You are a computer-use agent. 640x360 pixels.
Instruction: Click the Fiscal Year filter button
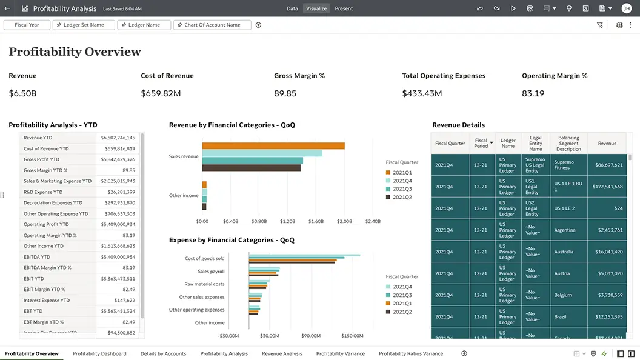27,25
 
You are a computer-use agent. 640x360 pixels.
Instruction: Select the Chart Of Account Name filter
212,25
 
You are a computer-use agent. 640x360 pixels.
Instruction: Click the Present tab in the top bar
344,8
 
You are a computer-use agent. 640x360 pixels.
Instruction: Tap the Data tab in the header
292,8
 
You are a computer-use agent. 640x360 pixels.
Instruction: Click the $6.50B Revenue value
22,93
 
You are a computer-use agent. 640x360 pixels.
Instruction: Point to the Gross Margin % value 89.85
285,93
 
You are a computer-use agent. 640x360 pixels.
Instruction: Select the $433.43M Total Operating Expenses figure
422,93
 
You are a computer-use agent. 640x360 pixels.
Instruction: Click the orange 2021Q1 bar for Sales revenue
273,145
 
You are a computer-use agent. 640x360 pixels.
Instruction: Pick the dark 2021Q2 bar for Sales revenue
251,168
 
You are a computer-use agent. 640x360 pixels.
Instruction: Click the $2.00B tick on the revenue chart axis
344,222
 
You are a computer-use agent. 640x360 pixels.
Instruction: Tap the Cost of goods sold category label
204,258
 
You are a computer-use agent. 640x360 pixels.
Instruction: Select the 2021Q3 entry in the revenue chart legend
402,189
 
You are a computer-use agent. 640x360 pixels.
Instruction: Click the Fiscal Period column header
481,144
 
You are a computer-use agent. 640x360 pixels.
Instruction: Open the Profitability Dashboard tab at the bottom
99,353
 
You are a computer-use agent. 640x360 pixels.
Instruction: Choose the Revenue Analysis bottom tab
282,353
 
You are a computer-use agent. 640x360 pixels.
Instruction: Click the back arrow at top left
7,8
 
